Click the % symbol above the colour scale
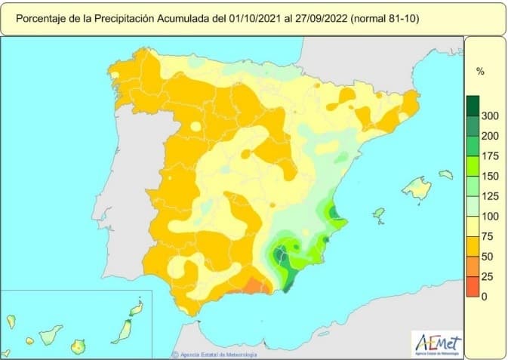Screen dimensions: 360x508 coord(480,71)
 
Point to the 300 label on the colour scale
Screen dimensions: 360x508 coord(488,115)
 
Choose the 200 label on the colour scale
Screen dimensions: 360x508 coord(488,136)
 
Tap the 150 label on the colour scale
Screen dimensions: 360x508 coord(488,176)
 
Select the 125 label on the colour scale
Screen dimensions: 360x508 coord(488,196)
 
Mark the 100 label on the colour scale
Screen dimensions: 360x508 coord(488,217)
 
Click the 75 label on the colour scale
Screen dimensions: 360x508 coord(486,236)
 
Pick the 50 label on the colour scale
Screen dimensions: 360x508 coord(486,257)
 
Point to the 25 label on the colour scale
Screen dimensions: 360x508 coord(486,276)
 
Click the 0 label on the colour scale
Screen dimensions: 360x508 coord(484,297)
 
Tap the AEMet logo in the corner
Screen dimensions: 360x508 coord(437,343)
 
